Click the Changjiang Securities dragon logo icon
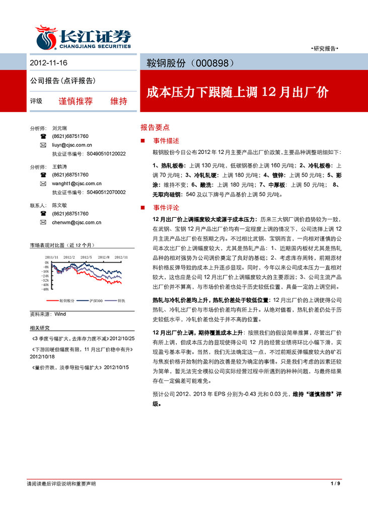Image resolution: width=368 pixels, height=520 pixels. [x=46, y=37]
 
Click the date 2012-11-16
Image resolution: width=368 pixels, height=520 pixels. [x=48, y=64]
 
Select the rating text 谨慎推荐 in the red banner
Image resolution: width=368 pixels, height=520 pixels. [x=76, y=101]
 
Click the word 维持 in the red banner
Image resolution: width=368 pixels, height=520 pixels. [x=119, y=101]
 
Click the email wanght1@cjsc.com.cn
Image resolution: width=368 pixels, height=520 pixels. [x=77, y=184]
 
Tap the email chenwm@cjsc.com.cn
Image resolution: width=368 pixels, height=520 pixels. [x=77, y=222]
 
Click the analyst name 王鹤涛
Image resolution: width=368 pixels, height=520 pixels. [x=59, y=166]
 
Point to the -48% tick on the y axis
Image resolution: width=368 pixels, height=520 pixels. [x=45, y=289]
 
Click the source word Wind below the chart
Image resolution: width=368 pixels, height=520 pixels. [x=60, y=314]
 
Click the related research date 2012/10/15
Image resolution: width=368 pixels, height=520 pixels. [x=116, y=367]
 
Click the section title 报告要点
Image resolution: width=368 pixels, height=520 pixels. [x=155, y=128]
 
